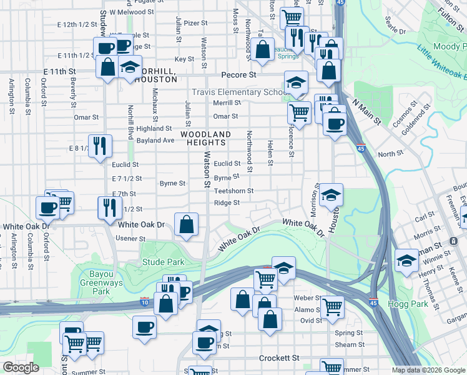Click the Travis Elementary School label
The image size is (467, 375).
pyautogui.click(x=238, y=92)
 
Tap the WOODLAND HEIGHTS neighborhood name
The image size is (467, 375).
pyautogui.click(x=206, y=138)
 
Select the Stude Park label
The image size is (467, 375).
pyautogui.click(x=163, y=262)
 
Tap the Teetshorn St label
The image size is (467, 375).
pyautogui.click(x=234, y=191)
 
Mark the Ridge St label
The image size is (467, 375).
pyautogui.click(x=227, y=203)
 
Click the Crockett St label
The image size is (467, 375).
pyautogui.click(x=280, y=358)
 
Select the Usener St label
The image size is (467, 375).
pyautogui.click(x=131, y=239)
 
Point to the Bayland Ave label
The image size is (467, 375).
pyautogui.click(x=155, y=141)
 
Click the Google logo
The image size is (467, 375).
pyautogui.click(x=21, y=367)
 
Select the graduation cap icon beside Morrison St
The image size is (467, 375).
pyautogui.click(x=332, y=194)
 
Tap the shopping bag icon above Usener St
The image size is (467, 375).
pyautogui.click(x=187, y=224)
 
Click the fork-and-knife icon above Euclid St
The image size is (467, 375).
pyautogui.click(x=100, y=146)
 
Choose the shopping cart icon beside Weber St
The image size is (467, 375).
pyautogui.click(x=332, y=306)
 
